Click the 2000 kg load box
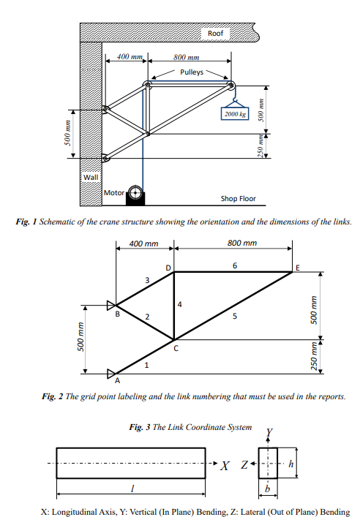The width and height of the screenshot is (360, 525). pos(235,114)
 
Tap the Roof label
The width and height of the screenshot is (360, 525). pos(215,34)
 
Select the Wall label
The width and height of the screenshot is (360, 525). pos(89,177)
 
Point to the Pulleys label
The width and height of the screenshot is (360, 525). pos(192,72)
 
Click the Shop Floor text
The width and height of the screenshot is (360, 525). pos(238,198)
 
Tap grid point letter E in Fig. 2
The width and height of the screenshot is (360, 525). pos(297,269)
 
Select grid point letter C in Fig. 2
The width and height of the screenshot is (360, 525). pos(175,349)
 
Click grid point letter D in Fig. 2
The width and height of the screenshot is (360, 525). pos(168,268)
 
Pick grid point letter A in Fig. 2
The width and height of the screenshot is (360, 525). pos(116,380)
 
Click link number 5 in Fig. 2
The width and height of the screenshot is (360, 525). pos(235,317)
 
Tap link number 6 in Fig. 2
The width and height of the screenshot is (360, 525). pos(234,265)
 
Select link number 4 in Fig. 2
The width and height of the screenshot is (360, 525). pos(179,303)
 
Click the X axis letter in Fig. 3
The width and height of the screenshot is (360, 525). pos(227,465)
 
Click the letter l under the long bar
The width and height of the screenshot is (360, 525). pos(130,488)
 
